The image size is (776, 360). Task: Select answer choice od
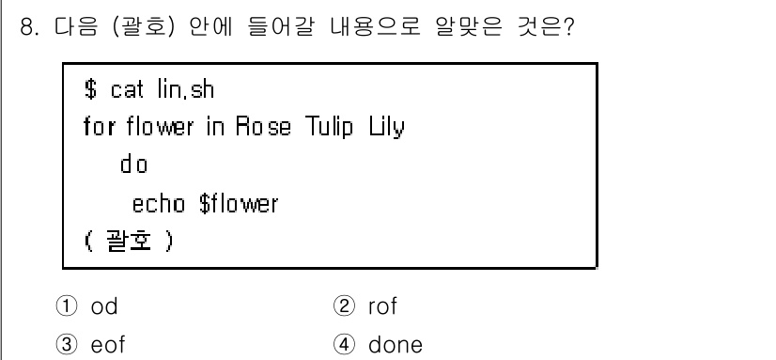click(103, 305)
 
